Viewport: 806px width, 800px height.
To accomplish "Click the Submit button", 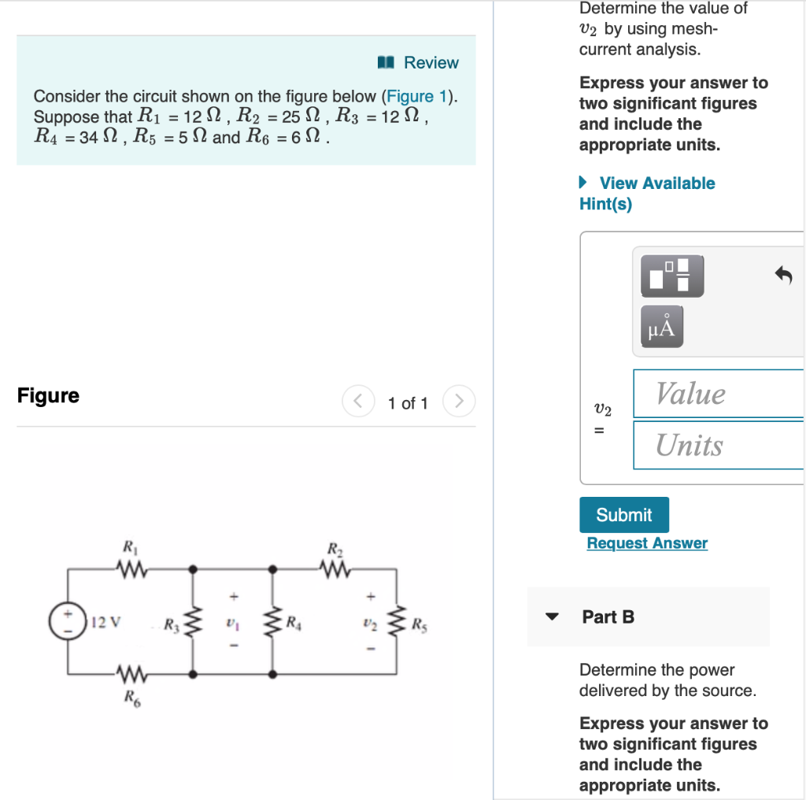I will (x=624, y=515).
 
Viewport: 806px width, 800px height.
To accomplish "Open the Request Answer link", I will (x=647, y=543).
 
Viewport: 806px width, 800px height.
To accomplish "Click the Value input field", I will (x=718, y=394).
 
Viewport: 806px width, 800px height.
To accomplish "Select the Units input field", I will (x=718, y=446).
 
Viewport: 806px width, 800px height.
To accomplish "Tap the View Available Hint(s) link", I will (x=647, y=193).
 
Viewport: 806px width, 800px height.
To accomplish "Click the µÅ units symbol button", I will (x=662, y=327).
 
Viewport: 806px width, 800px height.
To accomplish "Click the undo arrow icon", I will (x=783, y=276).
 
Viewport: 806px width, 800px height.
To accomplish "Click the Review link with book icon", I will (x=419, y=63).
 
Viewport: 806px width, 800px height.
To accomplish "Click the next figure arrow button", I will (x=459, y=402).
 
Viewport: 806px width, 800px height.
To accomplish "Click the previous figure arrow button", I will (x=357, y=402).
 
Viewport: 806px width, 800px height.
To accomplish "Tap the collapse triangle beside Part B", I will (x=553, y=617).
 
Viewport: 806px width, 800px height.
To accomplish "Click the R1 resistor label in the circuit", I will (x=127, y=546).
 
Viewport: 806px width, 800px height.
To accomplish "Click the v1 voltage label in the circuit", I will (x=232, y=621).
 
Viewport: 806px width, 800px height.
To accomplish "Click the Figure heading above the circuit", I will (x=48, y=395).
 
